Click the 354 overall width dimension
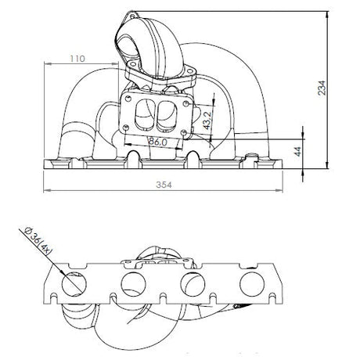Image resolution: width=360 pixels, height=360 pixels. pyautogui.click(x=164, y=185)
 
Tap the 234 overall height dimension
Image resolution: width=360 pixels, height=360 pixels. pyautogui.click(x=322, y=88)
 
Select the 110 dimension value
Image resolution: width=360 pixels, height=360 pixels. pyautogui.click(x=77, y=59)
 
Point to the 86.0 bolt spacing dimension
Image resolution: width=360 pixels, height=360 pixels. pyautogui.click(x=157, y=142)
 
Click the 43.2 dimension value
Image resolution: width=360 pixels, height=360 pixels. pyautogui.click(x=207, y=121)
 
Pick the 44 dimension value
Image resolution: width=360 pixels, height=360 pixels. pyautogui.click(x=298, y=152)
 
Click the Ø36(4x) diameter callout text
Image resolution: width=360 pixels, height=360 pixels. pyautogui.click(x=38, y=241)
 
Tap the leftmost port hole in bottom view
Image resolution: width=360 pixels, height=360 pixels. pyautogui.click(x=74, y=284)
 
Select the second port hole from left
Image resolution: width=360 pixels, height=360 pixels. pyautogui.click(x=133, y=284)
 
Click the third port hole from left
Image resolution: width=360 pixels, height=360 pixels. pyautogui.click(x=193, y=284)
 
